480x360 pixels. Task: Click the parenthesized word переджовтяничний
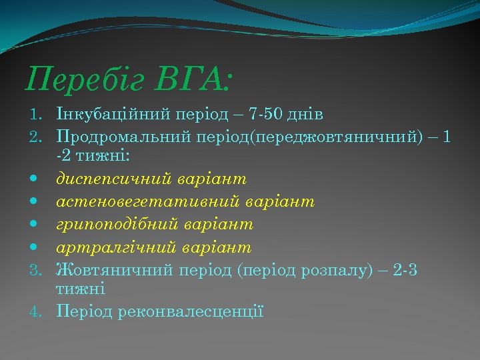pos(309,137)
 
